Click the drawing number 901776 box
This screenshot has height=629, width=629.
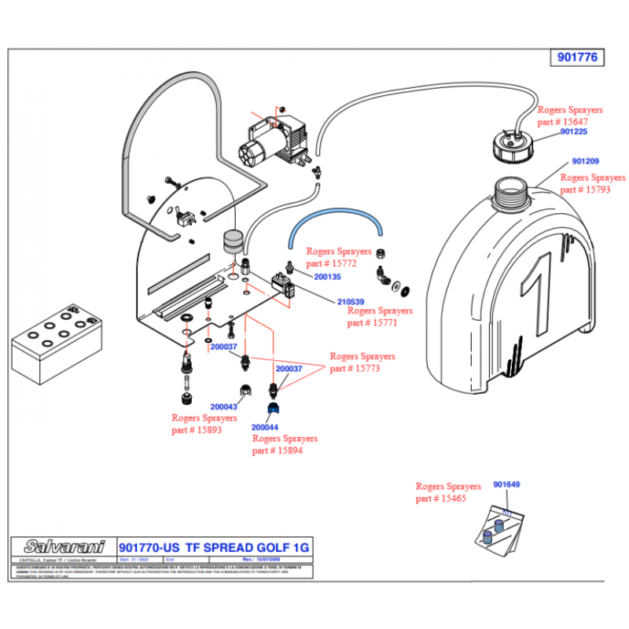pos(577,57)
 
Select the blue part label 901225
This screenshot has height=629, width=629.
pos(579,133)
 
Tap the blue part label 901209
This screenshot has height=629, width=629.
pos(586,161)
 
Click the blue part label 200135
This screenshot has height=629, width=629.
pos(327,277)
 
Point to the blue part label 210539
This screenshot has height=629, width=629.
pos(351,302)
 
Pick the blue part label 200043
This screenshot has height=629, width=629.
pos(224,406)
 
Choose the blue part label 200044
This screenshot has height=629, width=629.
pos(265,427)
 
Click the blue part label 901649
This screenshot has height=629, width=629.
pos(507,484)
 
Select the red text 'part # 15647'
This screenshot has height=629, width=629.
pos(563,122)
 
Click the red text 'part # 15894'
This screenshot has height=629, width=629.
pos(277,451)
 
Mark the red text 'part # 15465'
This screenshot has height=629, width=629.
pos(440,499)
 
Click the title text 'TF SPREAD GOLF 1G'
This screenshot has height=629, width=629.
pos(247,547)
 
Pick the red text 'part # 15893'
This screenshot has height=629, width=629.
pos(197,429)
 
